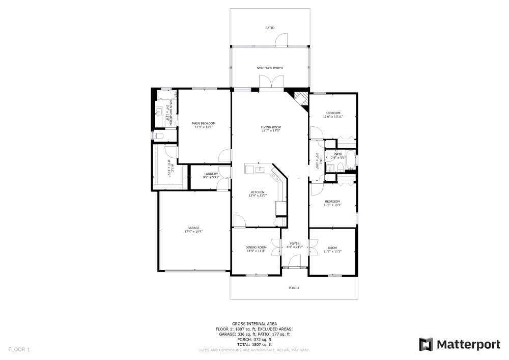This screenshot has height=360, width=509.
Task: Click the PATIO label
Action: [x=270, y=27]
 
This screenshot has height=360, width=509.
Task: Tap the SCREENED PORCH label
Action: [x=270, y=68]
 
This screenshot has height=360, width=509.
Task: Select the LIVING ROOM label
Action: [x=271, y=127]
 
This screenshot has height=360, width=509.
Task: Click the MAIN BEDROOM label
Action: [x=204, y=123]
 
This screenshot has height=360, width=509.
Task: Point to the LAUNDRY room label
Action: [x=211, y=174]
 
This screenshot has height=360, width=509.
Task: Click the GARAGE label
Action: [x=193, y=228]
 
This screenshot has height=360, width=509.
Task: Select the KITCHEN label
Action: [x=258, y=192]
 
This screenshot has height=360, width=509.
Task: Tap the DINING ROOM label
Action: [x=256, y=247]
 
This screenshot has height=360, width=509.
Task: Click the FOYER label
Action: [x=295, y=243]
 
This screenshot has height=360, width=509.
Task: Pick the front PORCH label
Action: [x=294, y=288]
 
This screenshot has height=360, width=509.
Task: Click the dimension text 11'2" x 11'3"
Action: [x=332, y=251]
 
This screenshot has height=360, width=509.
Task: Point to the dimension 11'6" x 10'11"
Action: [x=333, y=117]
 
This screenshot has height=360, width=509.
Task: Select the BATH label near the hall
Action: [x=338, y=154]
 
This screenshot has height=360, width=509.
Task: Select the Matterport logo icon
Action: [x=426, y=344]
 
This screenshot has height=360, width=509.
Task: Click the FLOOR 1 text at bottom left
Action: [x=19, y=349]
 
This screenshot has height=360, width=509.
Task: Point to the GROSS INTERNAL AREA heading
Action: [x=254, y=323]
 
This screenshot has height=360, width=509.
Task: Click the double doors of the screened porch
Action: [x=271, y=82]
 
